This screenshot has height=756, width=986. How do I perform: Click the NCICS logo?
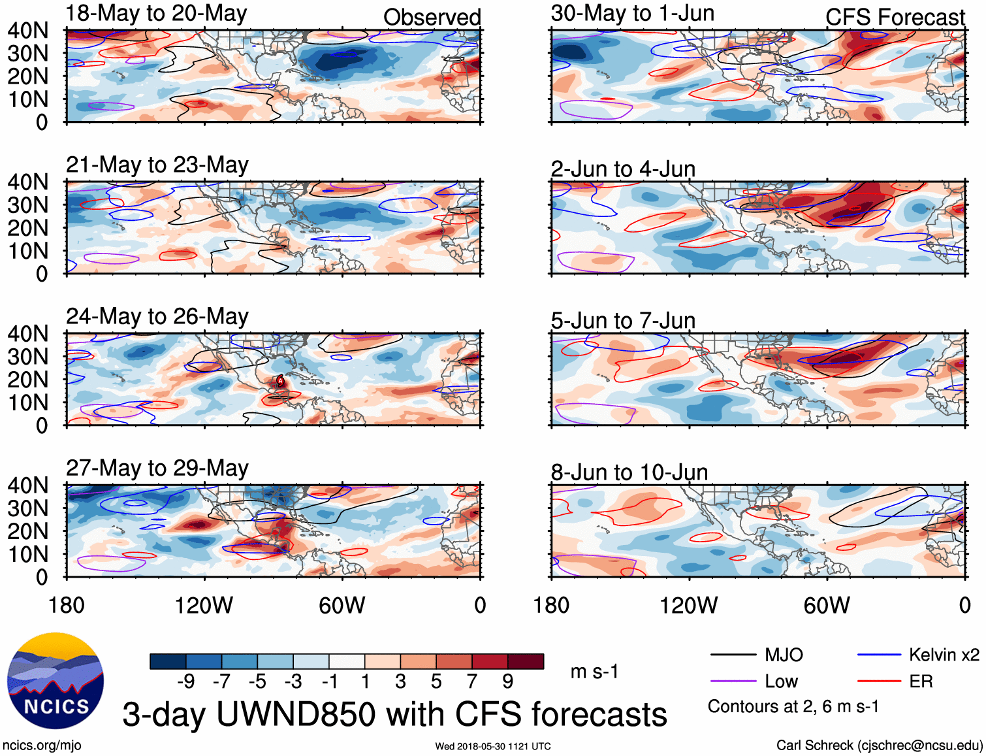pos(56,680)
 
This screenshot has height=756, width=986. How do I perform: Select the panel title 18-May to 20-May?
pos(156,14)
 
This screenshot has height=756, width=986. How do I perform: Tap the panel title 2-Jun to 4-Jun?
pos(623,169)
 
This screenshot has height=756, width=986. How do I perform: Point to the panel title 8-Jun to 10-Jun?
pos(629,472)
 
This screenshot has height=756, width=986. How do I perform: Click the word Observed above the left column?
pos(432,18)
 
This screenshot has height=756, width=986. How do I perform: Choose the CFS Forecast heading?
pos(895,18)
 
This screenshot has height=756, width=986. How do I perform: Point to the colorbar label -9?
pos(186,682)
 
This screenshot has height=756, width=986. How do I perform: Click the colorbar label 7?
pos(472,682)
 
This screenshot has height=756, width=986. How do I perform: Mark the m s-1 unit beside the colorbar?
pos(594,672)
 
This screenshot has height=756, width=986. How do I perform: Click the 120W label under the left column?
pos(204,605)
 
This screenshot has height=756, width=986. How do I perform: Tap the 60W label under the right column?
pos(827,605)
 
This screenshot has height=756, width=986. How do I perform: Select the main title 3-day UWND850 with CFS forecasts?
pos(394,714)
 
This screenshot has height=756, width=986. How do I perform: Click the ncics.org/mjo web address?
pos(42,745)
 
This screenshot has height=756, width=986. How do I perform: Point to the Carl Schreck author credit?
pos(879,745)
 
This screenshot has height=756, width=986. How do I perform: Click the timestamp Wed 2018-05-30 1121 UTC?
pos(493,746)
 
